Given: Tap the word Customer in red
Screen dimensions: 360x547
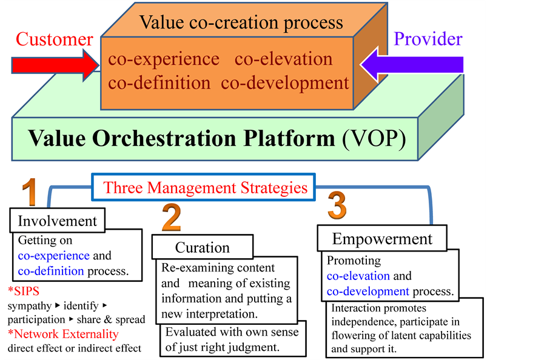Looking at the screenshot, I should point(55,40).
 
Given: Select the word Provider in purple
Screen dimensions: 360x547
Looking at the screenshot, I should point(428,39).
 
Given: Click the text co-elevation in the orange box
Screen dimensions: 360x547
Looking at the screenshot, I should point(283,59).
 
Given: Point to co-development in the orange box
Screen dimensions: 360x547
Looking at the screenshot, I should point(285,82).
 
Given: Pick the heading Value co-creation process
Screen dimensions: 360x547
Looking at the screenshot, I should point(241,23).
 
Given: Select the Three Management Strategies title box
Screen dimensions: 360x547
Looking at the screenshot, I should point(204,187).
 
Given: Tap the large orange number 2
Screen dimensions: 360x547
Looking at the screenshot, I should point(171,218).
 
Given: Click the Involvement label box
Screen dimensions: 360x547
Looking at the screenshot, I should point(58,220).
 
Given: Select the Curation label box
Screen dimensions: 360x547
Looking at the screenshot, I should point(202,247).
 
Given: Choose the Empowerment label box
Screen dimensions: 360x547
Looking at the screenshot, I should point(382,238).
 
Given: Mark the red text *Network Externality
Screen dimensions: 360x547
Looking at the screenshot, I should point(64,333).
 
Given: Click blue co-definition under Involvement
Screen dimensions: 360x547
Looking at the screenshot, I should point(51,270).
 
